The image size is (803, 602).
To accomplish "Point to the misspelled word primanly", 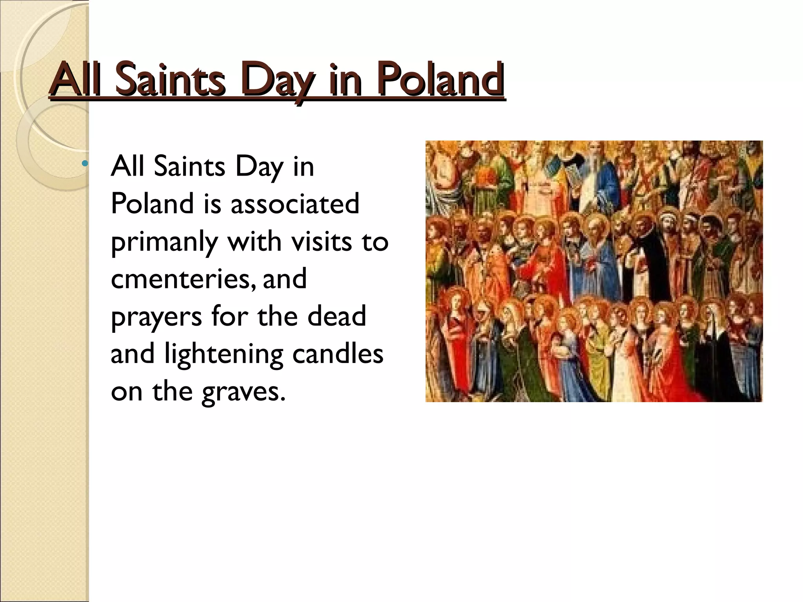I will (164, 242).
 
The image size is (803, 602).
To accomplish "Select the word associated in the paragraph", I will (294, 204).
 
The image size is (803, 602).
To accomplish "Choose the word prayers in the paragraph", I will (156, 317).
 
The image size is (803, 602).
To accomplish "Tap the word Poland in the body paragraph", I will (152, 204).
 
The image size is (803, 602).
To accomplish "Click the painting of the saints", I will (594, 271).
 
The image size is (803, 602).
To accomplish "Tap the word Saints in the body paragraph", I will (189, 167).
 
